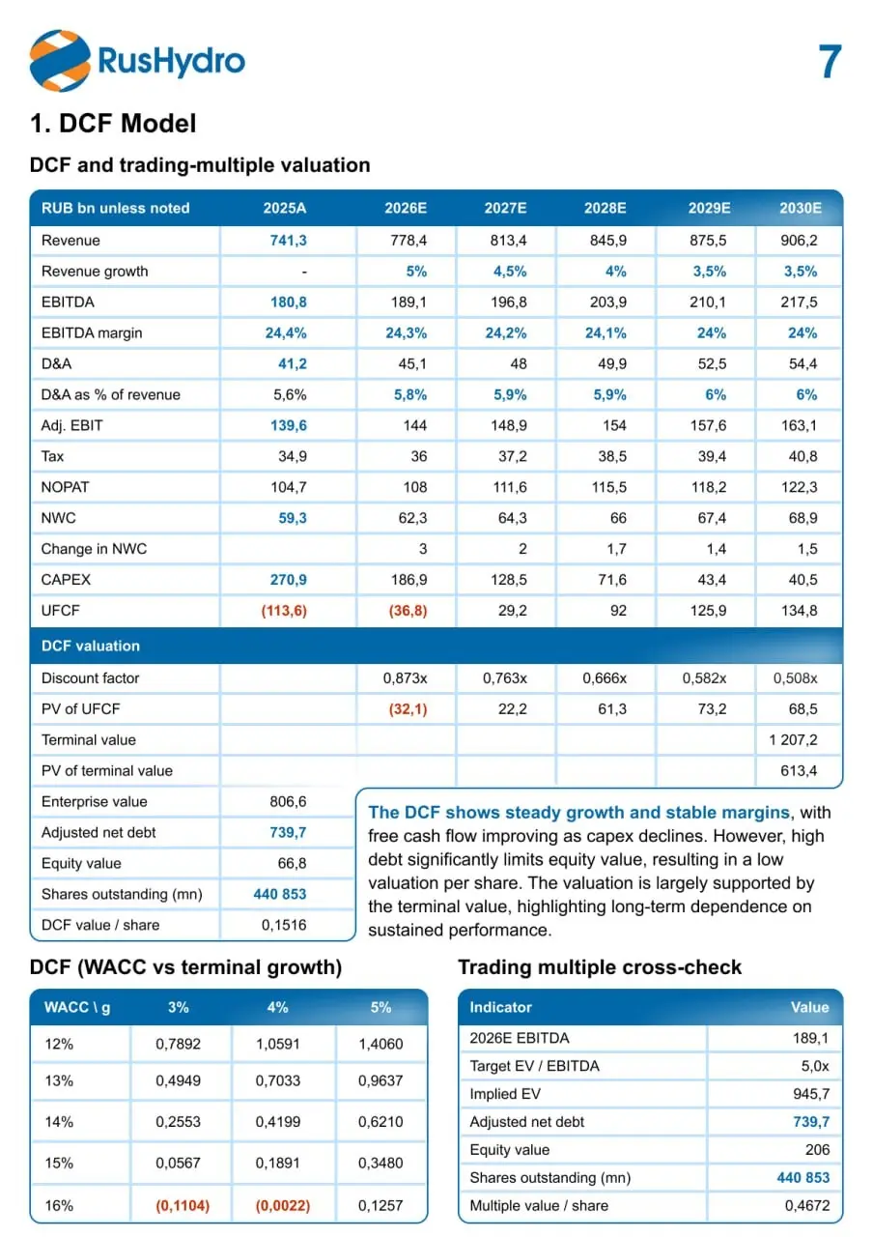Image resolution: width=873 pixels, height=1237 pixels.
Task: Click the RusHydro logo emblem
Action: pyautogui.click(x=60, y=61)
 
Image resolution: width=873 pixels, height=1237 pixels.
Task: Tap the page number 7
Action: pyautogui.click(x=830, y=62)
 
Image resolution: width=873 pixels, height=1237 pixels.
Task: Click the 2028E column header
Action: pyautogui.click(x=605, y=208)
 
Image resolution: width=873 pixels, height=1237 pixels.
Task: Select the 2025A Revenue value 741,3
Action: pyautogui.click(x=288, y=241)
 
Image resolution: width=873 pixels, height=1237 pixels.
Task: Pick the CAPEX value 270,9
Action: pyautogui.click(x=288, y=579)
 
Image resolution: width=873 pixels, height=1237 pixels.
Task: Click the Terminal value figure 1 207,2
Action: pyautogui.click(x=793, y=739)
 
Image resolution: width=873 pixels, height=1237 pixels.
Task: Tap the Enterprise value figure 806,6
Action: pyautogui.click(x=288, y=801)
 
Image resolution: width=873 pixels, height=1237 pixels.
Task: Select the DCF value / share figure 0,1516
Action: pyautogui.click(x=284, y=925)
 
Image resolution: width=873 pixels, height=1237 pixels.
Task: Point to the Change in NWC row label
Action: pyautogui.click(x=94, y=549)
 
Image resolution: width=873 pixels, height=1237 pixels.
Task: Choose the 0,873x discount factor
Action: pyautogui.click(x=405, y=678)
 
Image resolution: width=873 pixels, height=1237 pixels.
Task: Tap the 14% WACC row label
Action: pyautogui.click(x=59, y=1122)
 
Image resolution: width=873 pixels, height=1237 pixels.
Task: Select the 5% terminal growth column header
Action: pyautogui.click(x=380, y=1007)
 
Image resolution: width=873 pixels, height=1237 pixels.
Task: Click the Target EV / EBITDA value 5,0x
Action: pyautogui.click(x=815, y=1066)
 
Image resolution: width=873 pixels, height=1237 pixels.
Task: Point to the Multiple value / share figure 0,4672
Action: pyautogui.click(x=806, y=1205)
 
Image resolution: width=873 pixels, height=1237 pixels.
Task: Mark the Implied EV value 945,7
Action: pyautogui.click(x=811, y=1093)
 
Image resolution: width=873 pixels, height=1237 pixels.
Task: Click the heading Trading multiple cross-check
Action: pyautogui.click(x=600, y=967)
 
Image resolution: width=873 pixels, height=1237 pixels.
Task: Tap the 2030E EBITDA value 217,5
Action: pyautogui.click(x=799, y=302)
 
